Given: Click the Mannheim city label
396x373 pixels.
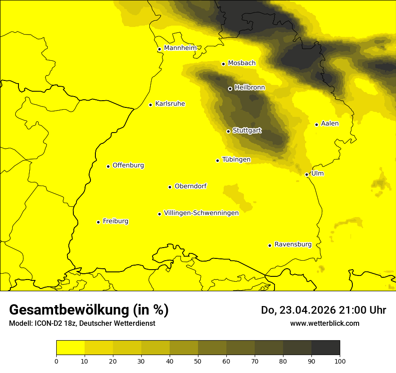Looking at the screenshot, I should (180, 48).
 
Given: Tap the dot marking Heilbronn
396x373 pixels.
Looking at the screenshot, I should (230, 89).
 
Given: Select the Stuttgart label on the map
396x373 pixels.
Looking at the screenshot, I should (247, 130).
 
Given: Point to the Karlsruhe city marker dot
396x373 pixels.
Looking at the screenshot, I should (151, 105).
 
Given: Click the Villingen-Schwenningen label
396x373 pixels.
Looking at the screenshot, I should (201, 213).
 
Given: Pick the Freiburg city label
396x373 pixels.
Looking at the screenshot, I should (115, 221).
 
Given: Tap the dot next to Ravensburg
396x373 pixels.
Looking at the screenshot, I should (270, 245).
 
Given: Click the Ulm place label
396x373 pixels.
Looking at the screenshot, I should (317, 173).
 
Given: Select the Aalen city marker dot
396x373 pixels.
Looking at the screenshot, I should (316, 124).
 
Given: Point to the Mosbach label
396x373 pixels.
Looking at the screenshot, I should (242, 63).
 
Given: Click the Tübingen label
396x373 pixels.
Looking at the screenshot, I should (236, 160).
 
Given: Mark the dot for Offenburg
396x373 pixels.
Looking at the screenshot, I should (108, 166).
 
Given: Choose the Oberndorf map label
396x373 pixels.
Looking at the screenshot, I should (190, 186).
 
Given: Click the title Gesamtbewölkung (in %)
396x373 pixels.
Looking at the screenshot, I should (89, 310).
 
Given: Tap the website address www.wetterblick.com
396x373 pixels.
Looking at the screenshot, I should (324, 323).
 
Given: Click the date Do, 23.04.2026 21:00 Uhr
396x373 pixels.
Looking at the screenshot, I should (323, 310).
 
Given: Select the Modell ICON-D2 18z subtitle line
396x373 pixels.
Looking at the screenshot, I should (82, 324).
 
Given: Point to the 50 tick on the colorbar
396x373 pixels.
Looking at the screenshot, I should (198, 361).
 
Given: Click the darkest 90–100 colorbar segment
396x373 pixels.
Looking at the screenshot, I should (325, 348).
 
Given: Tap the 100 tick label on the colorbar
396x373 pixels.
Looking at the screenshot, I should (340, 361).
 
